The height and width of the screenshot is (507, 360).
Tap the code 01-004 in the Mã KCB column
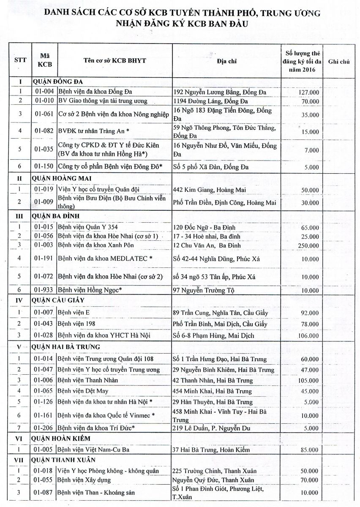click(44, 92)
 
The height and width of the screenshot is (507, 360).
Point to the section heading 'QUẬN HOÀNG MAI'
click(62, 178)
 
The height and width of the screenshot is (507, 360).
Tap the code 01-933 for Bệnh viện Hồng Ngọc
click(44, 290)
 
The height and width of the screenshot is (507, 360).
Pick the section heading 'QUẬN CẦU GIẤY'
click(58, 300)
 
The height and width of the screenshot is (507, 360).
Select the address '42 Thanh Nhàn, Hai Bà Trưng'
click(213, 381)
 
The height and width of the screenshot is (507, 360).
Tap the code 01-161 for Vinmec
click(44, 416)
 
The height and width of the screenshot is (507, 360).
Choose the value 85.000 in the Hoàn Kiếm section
click(309, 450)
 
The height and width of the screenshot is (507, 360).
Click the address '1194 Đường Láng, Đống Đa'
click(210, 101)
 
